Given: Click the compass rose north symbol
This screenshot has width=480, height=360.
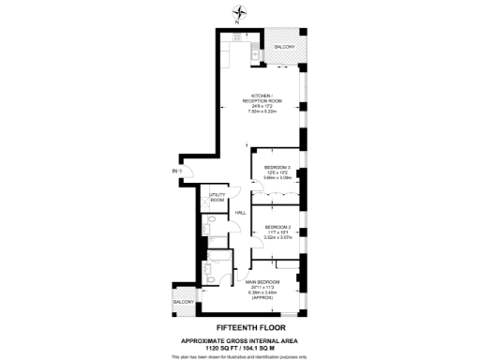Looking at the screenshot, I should (243, 11).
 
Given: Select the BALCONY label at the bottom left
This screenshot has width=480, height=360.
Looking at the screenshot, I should (184, 301).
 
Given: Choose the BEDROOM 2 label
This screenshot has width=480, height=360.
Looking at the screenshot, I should (277, 228).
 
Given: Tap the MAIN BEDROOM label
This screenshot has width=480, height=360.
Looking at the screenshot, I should (263, 281).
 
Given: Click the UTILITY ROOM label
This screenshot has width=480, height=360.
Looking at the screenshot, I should (217, 197).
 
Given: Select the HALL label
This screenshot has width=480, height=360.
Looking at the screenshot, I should (240, 213).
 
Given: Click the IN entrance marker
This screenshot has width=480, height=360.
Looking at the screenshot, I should (173, 171).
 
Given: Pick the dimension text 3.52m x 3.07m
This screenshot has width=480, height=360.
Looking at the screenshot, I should (278, 239).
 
